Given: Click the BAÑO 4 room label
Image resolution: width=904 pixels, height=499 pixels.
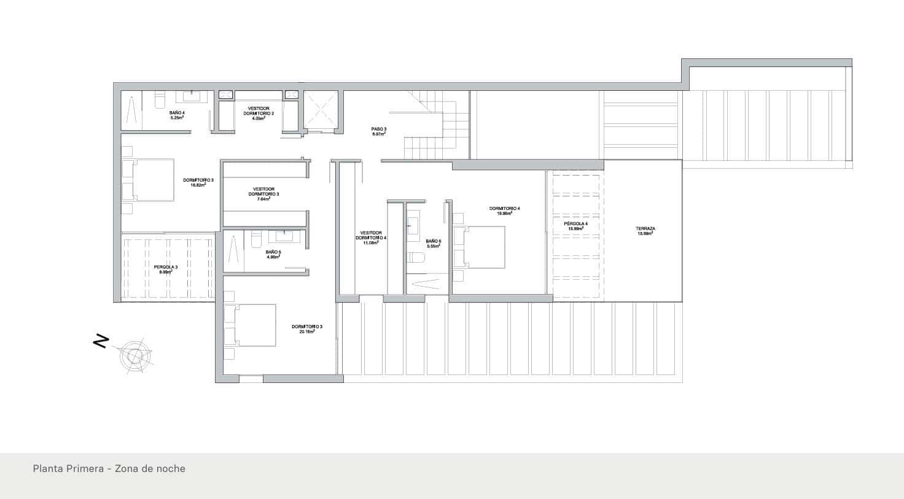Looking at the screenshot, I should pyautogui.click(x=177, y=115).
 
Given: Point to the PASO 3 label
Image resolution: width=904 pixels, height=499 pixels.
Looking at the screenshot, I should pyautogui.click(x=378, y=131).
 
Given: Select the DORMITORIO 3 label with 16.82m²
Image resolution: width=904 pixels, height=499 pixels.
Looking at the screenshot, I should pyautogui.click(x=198, y=182).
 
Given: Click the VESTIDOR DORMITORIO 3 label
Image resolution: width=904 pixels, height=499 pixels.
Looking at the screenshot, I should pyautogui.click(x=263, y=193).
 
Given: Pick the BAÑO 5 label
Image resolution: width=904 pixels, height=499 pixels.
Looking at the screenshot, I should pyautogui.click(x=273, y=254).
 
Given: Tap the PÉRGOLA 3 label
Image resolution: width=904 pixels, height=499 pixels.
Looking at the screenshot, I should pyautogui.click(x=166, y=269).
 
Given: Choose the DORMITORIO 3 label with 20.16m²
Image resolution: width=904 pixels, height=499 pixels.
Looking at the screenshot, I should pyautogui.click(x=306, y=328).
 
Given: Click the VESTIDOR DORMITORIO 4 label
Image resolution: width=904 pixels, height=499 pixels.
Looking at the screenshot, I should pyautogui.click(x=371, y=238).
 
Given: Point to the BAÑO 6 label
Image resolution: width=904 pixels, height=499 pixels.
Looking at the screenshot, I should pyautogui.click(x=434, y=243).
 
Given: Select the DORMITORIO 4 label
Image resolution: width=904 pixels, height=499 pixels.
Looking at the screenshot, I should pyautogui.click(x=504, y=211).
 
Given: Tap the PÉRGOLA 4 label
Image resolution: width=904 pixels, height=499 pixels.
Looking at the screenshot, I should pyautogui.click(x=576, y=226).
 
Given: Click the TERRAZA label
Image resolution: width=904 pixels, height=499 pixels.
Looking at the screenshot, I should pyautogui.click(x=645, y=231).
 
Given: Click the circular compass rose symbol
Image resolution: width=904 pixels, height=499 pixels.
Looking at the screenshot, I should pyautogui.click(x=133, y=355).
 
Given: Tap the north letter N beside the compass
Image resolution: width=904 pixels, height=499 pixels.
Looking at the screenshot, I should pyautogui.click(x=101, y=341).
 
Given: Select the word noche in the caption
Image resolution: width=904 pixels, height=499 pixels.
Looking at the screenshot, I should pyautogui.click(x=171, y=468).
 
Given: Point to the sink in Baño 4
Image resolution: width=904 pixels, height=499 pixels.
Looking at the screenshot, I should pyautogui.click(x=192, y=96).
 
